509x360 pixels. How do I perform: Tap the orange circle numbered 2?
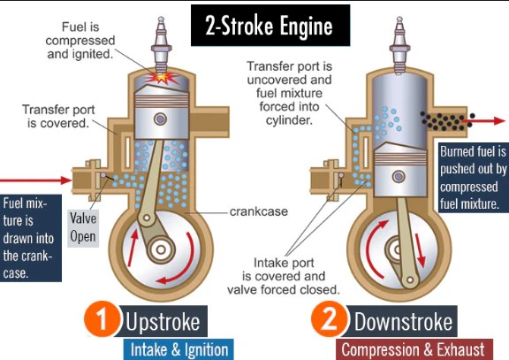327,322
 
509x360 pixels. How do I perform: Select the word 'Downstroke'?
404,321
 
